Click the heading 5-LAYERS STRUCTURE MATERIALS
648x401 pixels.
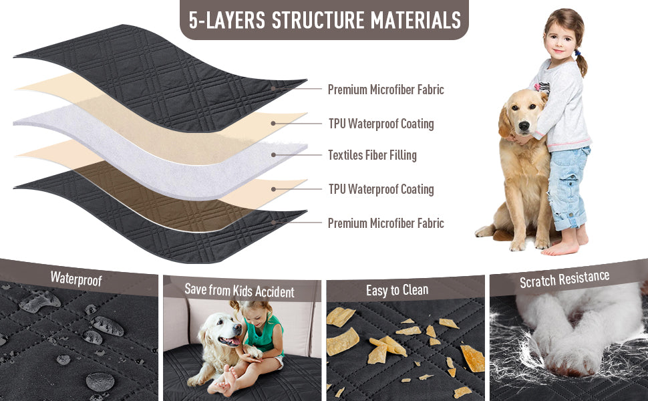click(325, 20)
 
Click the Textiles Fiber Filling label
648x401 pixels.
click(372, 155)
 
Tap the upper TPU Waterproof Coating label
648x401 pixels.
click(381, 124)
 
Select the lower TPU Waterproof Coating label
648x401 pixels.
click(381, 189)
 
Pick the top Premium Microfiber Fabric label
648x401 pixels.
click(385, 90)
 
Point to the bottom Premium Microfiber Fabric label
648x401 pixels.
click(385, 223)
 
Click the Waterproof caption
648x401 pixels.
click(76, 279)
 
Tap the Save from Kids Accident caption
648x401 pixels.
click(239, 290)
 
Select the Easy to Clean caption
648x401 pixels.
click(397, 290)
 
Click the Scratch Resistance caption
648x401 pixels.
click(564, 279)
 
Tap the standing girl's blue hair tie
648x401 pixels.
click(578, 53)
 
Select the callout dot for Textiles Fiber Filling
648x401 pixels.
click(273, 155)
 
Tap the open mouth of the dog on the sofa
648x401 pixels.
click(229, 342)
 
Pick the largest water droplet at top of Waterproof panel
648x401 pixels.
click(39, 301)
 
